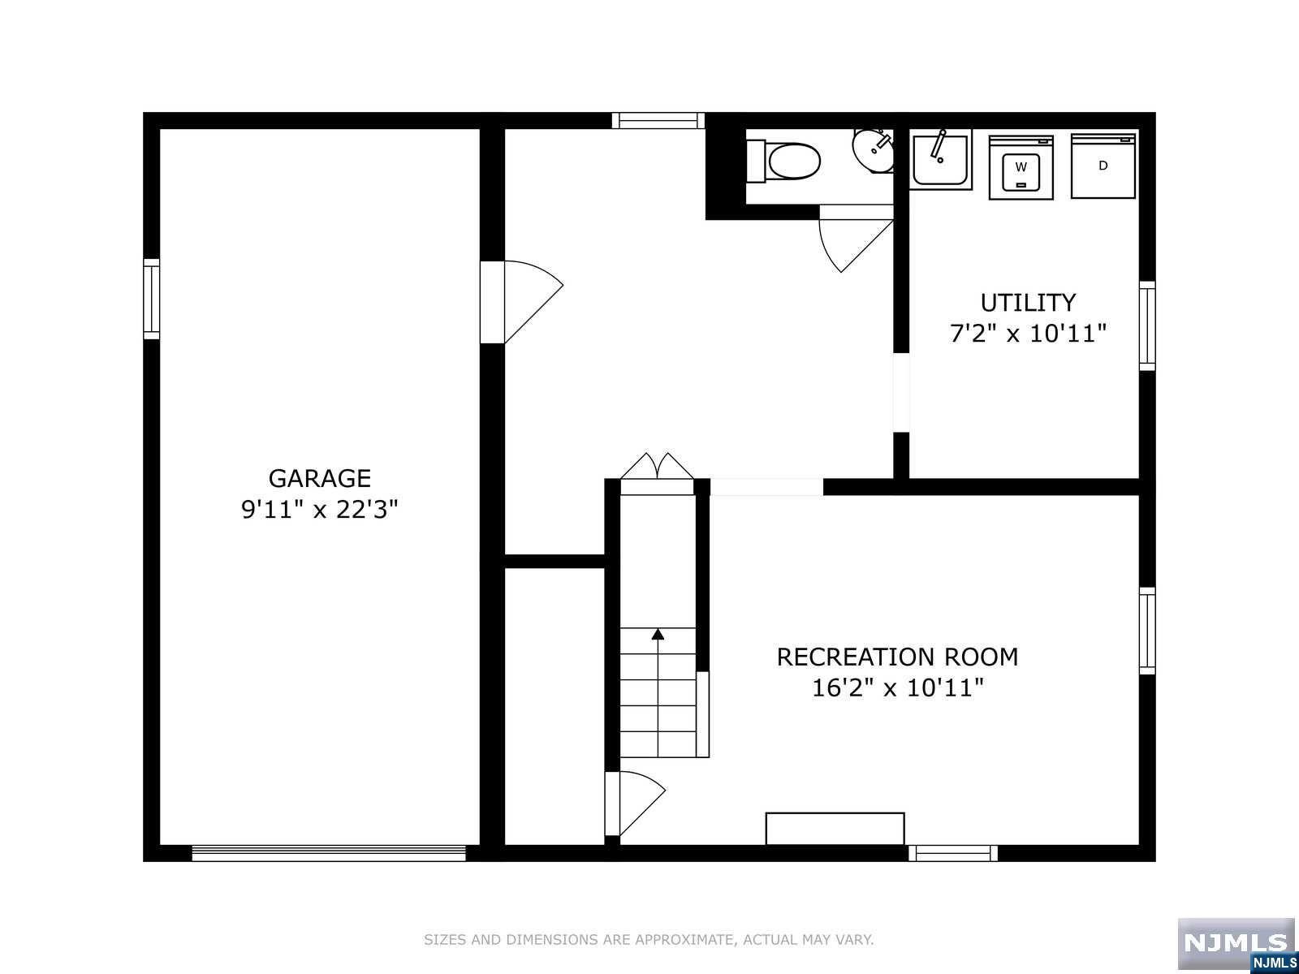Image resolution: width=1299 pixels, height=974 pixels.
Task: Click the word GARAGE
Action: pos(320,478)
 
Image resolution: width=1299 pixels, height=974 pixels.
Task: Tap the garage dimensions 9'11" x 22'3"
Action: pos(320,509)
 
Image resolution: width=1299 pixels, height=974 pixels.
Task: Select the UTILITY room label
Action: pos(1028,303)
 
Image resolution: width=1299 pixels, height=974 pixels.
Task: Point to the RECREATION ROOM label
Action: pos(897,657)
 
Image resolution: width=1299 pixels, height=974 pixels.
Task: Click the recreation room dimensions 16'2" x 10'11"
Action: pos(897,687)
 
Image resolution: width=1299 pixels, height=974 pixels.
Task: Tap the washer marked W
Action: pos(1021,167)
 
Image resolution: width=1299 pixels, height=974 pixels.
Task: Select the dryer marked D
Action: pos(1103,166)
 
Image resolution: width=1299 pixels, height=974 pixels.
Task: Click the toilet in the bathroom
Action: pos(784,161)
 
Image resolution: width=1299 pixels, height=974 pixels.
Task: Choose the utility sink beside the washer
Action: pos(940,160)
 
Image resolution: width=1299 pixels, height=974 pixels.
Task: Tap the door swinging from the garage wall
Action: pos(521,302)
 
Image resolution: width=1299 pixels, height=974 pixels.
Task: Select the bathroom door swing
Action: pos(856,239)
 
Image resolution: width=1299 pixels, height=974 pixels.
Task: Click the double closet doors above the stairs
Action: pos(657,473)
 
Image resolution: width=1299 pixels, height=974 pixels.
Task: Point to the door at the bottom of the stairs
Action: pos(635,803)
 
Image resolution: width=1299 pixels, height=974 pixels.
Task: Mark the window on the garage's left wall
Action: pos(152,300)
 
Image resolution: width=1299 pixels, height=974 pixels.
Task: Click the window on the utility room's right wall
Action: pos(1147,326)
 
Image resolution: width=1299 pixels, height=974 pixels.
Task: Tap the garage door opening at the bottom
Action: pos(329,853)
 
